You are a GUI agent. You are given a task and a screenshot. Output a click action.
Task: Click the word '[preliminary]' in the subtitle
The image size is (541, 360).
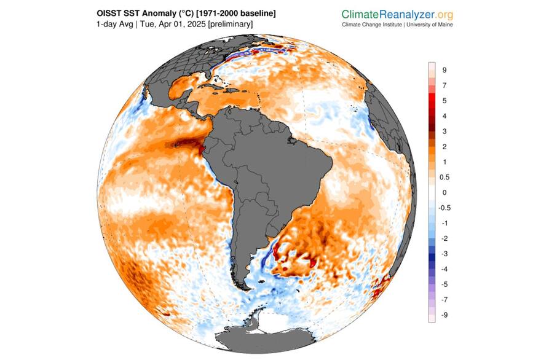point(230,24)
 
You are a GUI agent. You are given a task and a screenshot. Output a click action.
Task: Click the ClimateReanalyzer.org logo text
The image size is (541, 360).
point(398,14)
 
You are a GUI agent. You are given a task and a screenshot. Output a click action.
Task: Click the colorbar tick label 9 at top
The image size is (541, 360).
point(444,69)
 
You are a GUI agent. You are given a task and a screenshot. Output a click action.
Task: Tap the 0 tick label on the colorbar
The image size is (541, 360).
point(444,192)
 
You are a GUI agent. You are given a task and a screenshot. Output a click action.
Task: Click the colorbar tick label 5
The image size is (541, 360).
point(444,100)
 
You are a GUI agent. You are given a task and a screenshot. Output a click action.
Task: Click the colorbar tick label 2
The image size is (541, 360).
point(444,146)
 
